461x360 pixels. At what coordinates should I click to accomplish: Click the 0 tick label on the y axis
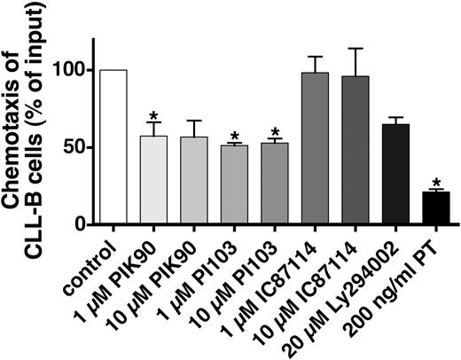82,224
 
